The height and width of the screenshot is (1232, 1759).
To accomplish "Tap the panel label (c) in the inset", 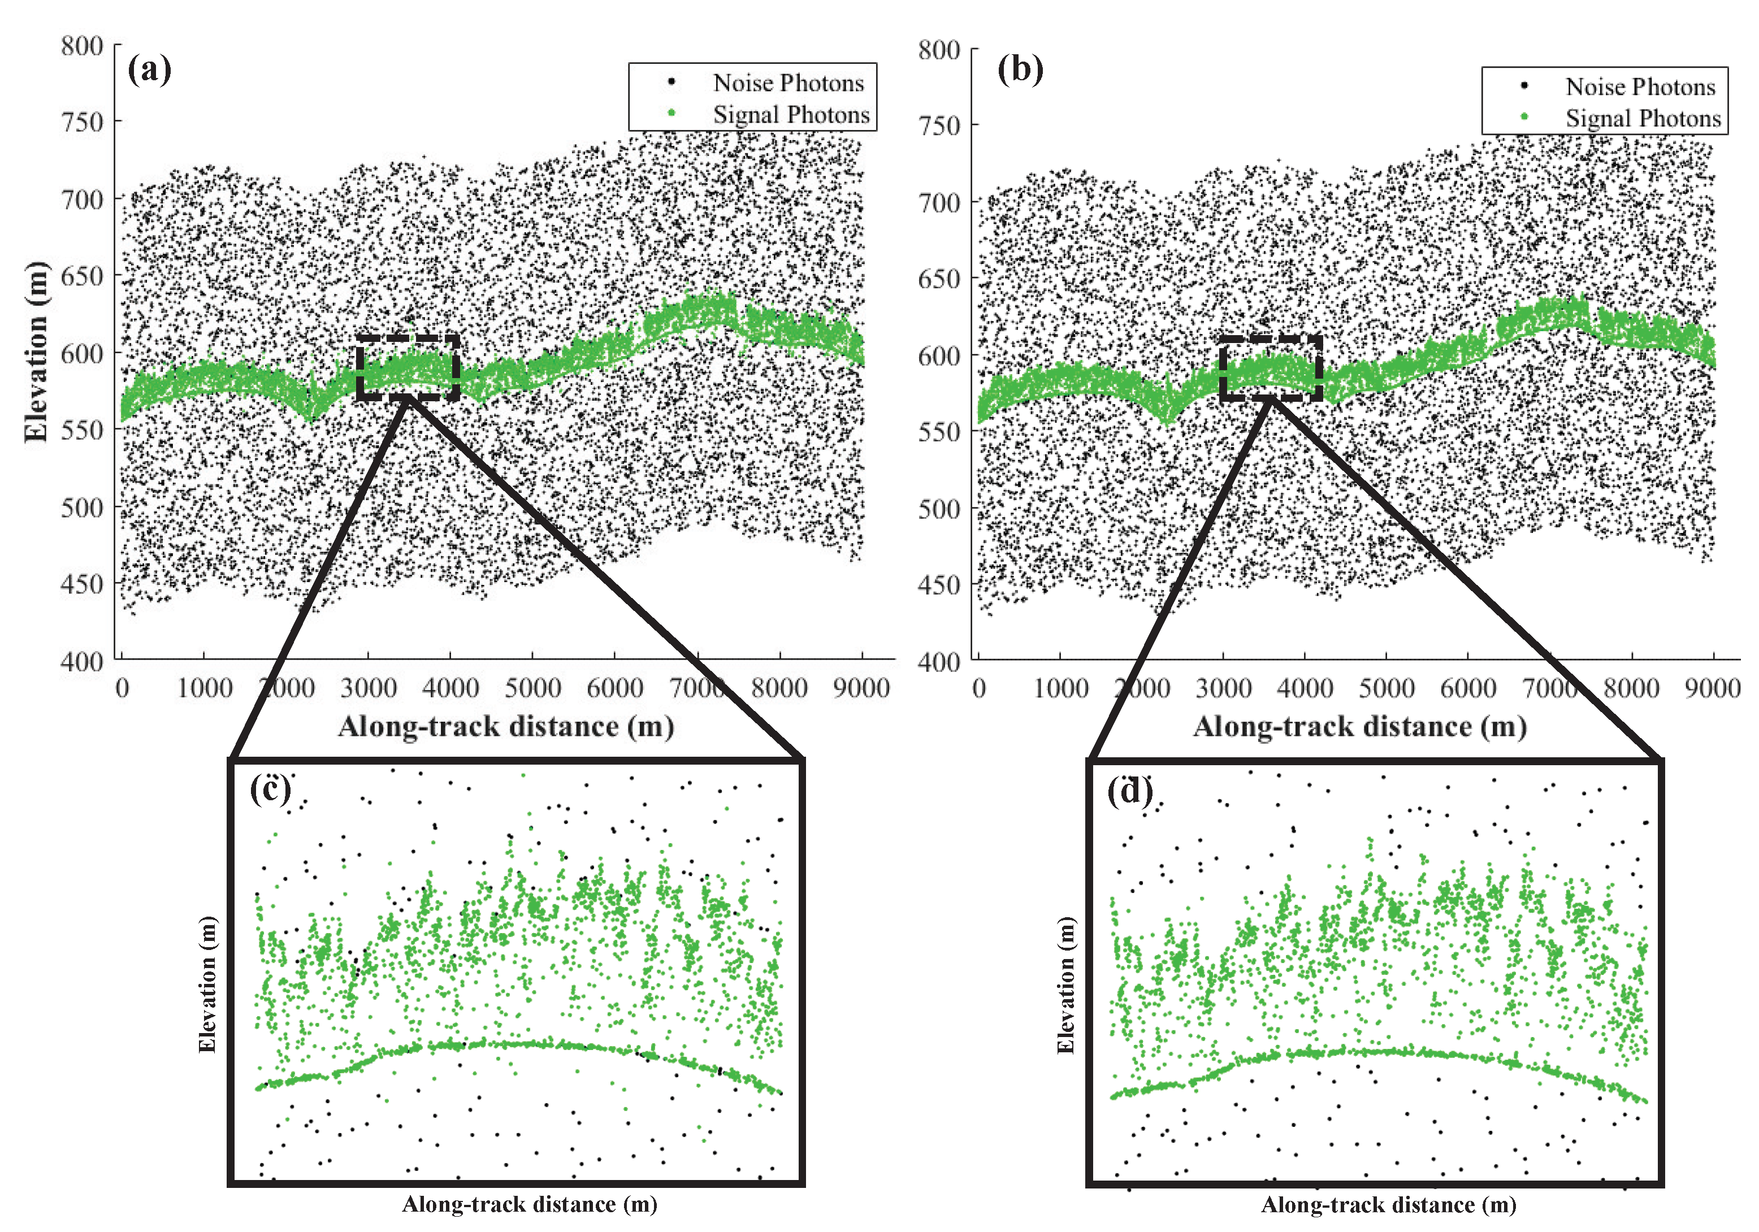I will (x=270, y=788).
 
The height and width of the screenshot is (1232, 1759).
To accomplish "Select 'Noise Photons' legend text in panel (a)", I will (x=788, y=83).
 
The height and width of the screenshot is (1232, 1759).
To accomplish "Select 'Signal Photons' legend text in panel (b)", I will (x=1643, y=119).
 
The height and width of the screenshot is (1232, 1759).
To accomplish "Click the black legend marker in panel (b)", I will (x=1524, y=86).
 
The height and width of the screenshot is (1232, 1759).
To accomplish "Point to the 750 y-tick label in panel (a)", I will (x=81, y=122).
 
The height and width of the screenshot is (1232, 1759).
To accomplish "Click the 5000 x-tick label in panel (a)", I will (x=532, y=687).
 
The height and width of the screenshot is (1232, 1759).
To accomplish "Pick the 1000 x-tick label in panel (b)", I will (x=1060, y=688).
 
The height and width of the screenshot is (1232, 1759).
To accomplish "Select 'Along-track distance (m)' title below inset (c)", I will (x=530, y=1204).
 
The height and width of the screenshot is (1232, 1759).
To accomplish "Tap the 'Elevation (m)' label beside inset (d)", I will (x=1065, y=984).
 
